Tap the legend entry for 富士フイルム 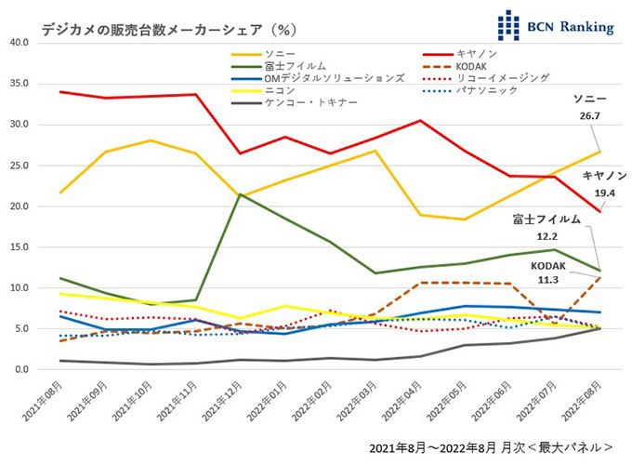tap(295, 66)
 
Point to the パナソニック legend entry tap(481, 90)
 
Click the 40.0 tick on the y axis tap(18, 43)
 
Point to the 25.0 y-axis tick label tap(18, 166)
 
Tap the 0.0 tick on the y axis tap(21, 369)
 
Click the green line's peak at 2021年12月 tap(240, 194)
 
